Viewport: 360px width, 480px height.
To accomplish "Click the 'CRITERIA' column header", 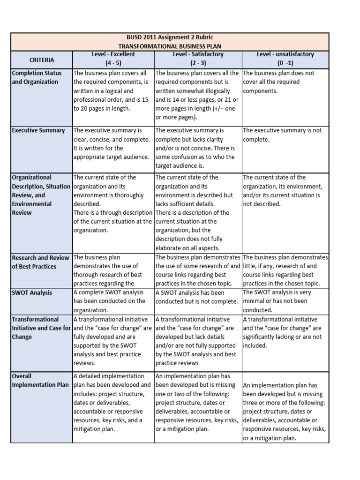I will (x=42, y=60).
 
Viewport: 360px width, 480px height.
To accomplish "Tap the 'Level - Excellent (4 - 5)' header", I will (x=113, y=58).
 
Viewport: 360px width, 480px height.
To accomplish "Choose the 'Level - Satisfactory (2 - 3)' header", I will (x=197, y=58).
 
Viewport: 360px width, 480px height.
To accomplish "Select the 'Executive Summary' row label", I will (x=39, y=130).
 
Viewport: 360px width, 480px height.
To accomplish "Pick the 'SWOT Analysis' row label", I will (x=32, y=292).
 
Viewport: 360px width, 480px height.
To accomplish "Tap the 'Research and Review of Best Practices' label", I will (x=41, y=262).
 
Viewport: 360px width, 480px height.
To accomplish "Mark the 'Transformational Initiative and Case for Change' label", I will (x=42, y=328).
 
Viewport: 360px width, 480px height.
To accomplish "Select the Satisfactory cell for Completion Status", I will (x=197, y=95).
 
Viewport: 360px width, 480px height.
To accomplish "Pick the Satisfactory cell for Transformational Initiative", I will (x=197, y=341).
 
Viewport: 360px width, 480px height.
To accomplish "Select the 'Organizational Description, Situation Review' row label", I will (x=41, y=195).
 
